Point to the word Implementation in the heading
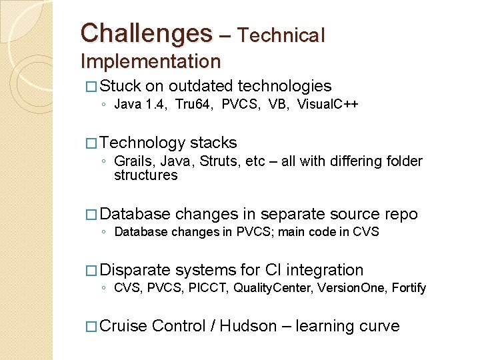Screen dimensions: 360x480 (150, 61)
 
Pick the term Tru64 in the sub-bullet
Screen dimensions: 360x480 (193, 104)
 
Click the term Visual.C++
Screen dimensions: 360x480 (327, 104)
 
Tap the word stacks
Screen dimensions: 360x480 (213, 143)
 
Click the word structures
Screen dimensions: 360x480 (145, 175)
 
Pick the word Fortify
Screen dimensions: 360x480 (409, 288)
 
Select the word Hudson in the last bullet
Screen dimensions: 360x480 (248, 326)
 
